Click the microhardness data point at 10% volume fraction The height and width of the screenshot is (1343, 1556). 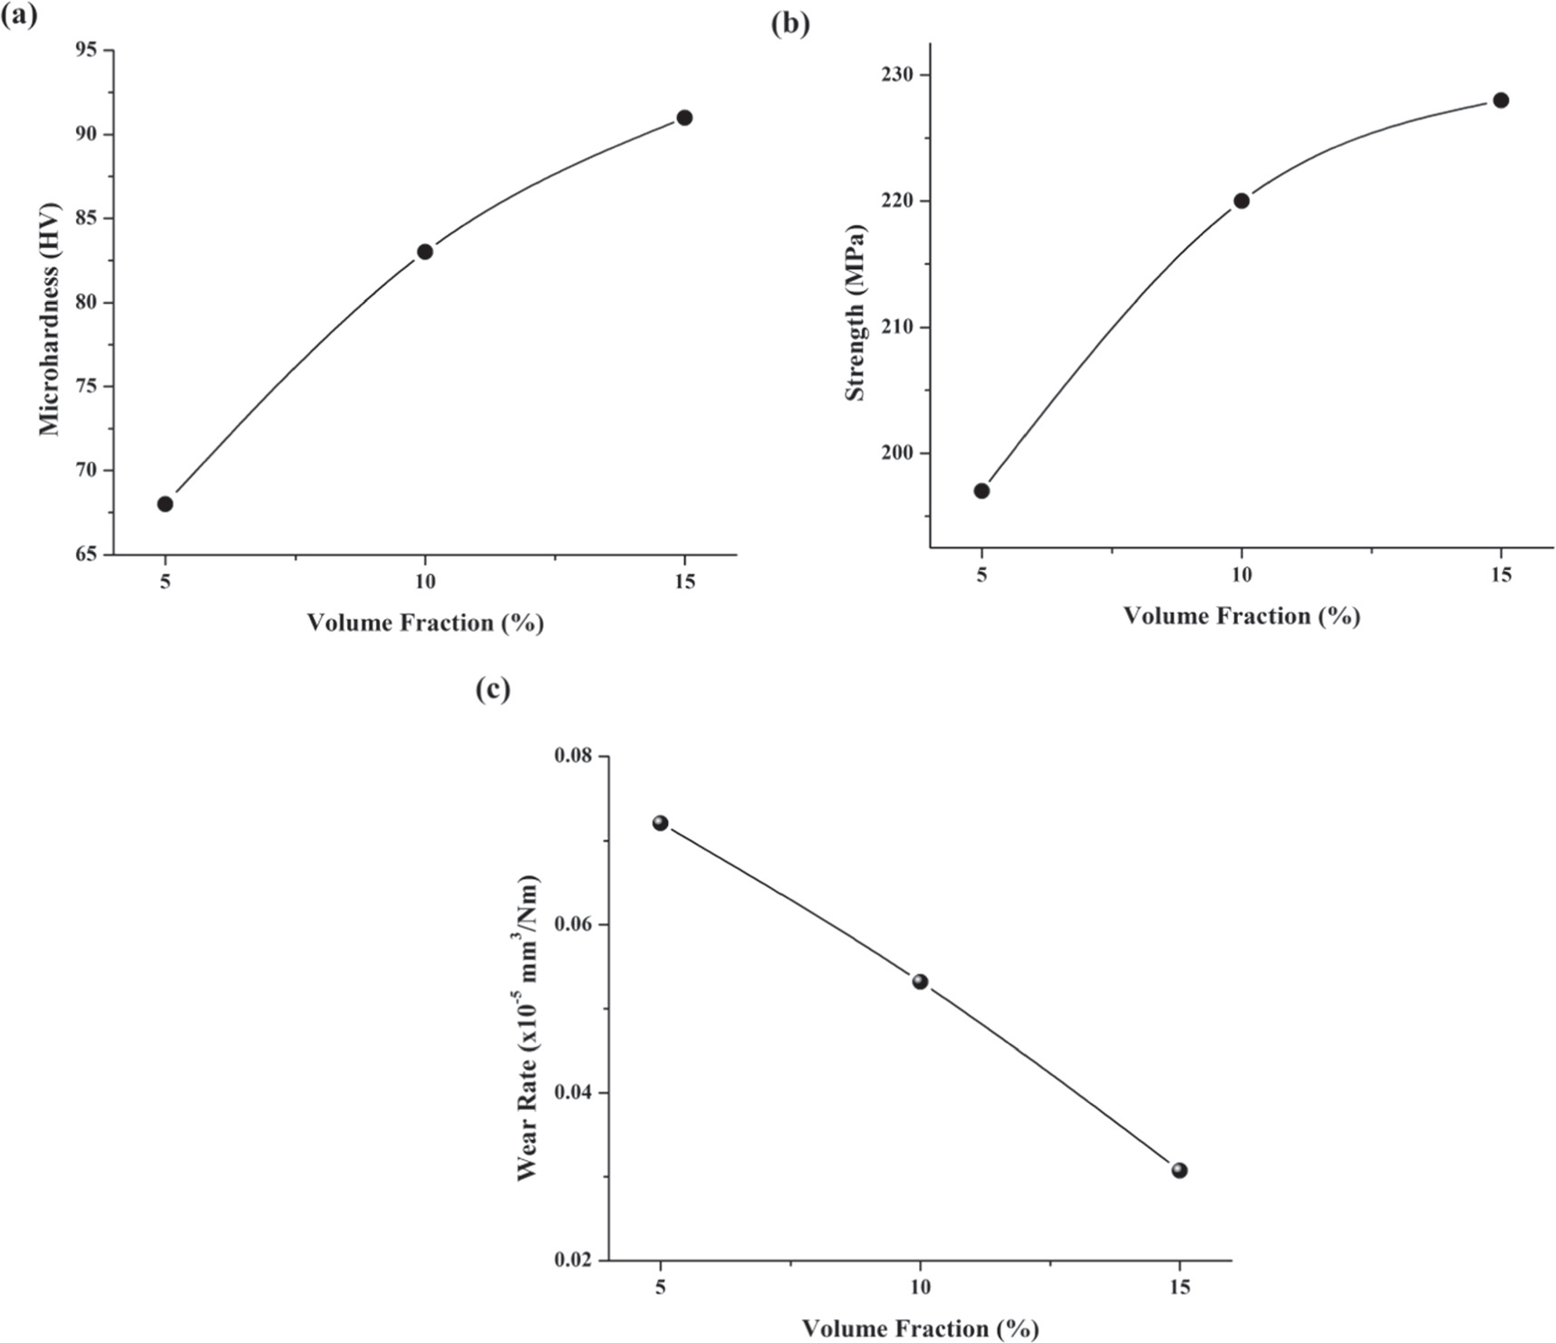tap(424, 251)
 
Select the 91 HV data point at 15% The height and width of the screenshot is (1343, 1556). tap(684, 118)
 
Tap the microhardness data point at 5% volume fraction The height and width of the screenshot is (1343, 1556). tap(165, 504)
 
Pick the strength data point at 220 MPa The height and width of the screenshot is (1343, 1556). tap(1242, 200)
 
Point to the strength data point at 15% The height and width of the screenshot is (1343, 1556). tap(1501, 100)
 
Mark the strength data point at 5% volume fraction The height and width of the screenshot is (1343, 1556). tap(981, 491)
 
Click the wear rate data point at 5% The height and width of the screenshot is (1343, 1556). tap(661, 823)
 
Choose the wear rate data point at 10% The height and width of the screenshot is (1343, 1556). tap(920, 981)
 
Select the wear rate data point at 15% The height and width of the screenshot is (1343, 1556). tap(1179, 1171)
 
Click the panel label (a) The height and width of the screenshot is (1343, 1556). tap(19, 15)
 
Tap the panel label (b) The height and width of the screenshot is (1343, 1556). tap(790, 24)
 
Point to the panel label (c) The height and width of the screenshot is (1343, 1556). tap(493, 690)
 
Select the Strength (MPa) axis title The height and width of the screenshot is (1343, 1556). tap(855, 313)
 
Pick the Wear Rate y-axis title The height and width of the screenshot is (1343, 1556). tap(527, 1028)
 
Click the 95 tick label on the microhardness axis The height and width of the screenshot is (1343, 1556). tap(88, 51)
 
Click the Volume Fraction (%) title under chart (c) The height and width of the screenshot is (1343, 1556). tap(920, 1329)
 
